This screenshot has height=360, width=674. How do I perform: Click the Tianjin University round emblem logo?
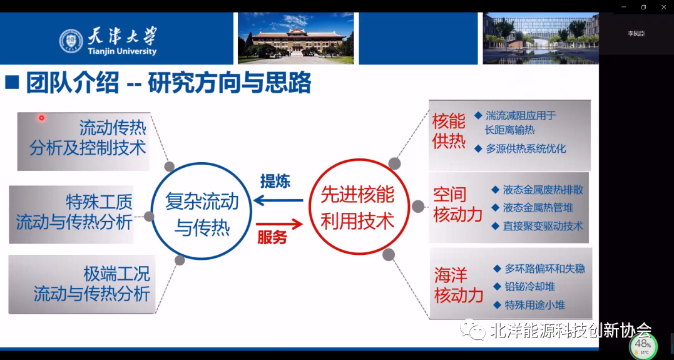pyautogui.click(x=71, y=41)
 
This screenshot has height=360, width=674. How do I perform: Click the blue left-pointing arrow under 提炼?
pyautogui.click(x=278, y=201)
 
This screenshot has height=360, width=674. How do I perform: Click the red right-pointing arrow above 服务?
pyautogui.click(x=279, y=224)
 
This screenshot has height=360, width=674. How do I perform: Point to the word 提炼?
pyautogui.click(x=275, y=182)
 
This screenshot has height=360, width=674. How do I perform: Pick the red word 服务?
pyautogui.click(x=272, y=239)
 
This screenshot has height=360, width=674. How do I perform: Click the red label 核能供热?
pyautogui.click(x=449, y=131)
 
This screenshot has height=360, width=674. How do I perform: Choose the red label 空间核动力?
pyautogui.click(x=458, y=205)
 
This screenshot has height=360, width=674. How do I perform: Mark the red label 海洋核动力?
pyautogui.click(x=459, y=285)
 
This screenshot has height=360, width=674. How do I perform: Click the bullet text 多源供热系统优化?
pyautogui.click(x=526, y=149)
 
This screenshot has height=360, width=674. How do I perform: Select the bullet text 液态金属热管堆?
pyautogui.click(x=538, y=208)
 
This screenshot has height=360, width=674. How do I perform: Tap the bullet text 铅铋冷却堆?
pyautogui.click(x=529, y=287)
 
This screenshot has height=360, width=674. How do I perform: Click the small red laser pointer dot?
pyautogui.click(x=41, y=118)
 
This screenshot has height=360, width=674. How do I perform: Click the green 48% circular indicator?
pyautogui.click(x=643, y=345)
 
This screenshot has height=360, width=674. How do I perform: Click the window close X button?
pyautogui.click(x=663, y=7)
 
